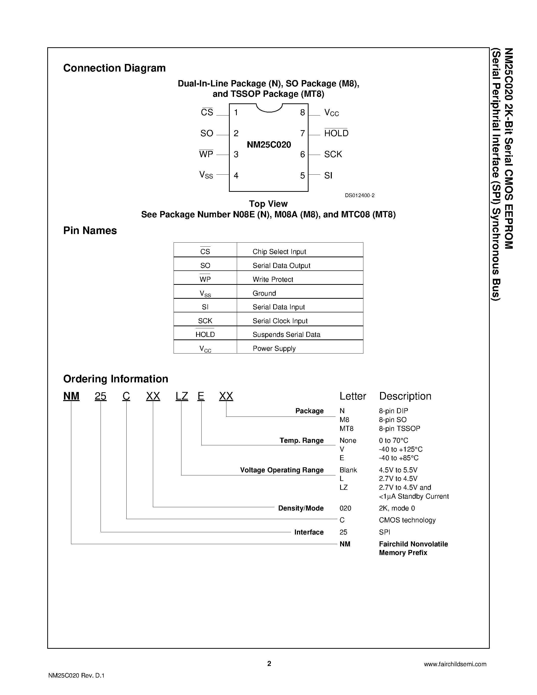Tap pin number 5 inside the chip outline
(302, 175)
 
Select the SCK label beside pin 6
(333, 154)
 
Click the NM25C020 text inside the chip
(269, 145)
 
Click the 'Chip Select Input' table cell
(279, 252)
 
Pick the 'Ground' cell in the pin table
(264, 293)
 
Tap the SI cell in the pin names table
(205, 307)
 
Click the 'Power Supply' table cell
(274, 349)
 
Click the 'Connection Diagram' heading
(114, 68)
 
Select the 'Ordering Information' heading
(115, 379)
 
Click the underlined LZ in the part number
(182, 396)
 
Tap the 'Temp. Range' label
(301, 441)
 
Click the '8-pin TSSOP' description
(399, 429)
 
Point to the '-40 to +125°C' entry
(401, 449)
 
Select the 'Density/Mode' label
(301, 508)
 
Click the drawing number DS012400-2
(360, 195)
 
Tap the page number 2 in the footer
(269, 663)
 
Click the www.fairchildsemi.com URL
(455, 664)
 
